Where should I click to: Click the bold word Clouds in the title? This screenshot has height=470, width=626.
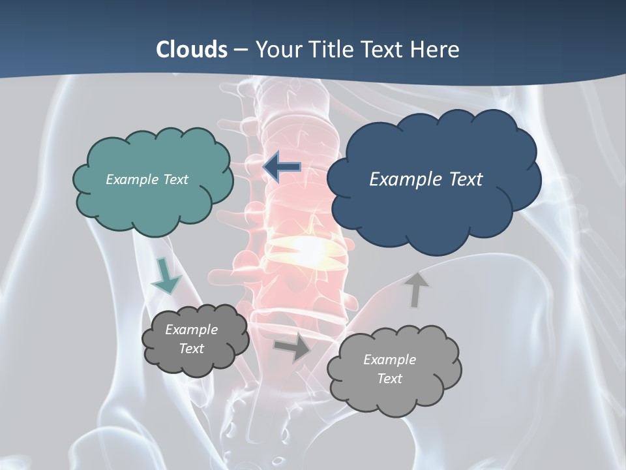click(191, 50)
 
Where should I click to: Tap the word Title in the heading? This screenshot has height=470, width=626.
click(330, 50)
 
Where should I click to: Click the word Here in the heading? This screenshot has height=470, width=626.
click(435, 50)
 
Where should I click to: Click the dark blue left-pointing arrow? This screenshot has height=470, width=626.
click(282, 166)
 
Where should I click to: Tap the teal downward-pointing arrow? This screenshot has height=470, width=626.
click(166, 275)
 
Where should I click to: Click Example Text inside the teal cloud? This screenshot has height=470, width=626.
click(147, 180)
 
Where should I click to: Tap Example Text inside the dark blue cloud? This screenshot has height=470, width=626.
click(426, 180)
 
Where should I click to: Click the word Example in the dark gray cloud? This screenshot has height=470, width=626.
click(191, 330)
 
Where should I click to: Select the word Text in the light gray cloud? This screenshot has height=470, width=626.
click(389, 379)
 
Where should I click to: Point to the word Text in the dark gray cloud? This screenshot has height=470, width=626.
click(191, 349)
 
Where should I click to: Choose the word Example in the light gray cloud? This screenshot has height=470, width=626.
click(389, 360)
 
